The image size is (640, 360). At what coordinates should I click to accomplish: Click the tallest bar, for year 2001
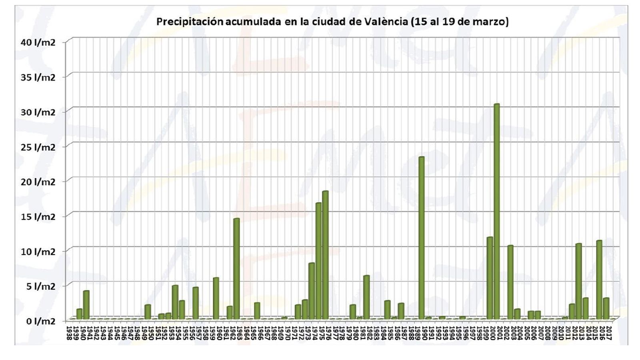click(x=496, y=212)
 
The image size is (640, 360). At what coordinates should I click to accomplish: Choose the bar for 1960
click(x=216, y=298)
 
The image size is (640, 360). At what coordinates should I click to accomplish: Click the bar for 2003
click(x=510, y=282)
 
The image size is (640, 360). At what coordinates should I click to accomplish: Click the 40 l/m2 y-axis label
click(x=38, y=42)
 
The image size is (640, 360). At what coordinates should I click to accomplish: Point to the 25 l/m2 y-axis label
click(x=38, y=147)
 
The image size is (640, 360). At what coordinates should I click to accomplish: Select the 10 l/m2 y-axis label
click(x=38, y=252)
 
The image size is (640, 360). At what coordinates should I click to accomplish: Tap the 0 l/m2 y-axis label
click(x=40, y=321)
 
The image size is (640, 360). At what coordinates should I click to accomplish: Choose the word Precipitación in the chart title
click(x=190, y=22)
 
